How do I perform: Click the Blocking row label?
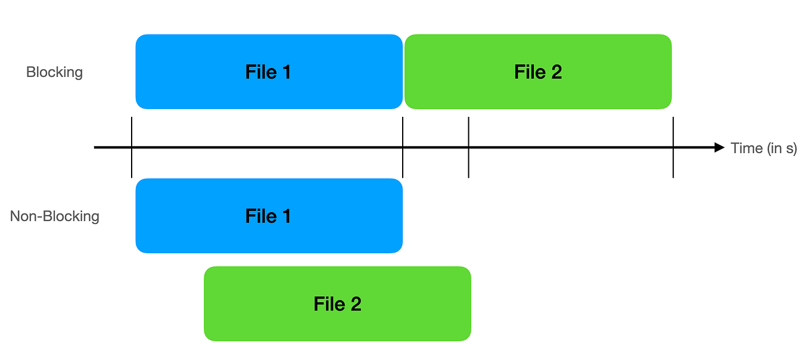[54, 72]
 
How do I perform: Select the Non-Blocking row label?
[54, 216]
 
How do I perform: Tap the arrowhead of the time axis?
[719, 147]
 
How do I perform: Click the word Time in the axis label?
[746, 148]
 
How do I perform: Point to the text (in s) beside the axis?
[782, 148]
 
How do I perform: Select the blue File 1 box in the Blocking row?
[269, 72]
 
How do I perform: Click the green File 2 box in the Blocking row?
[538, 72]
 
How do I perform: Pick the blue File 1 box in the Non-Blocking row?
[269, 216]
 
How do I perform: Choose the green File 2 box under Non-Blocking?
[337, 304]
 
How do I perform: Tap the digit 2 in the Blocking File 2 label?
[556, 72]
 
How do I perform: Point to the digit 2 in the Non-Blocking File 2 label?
[355, 304]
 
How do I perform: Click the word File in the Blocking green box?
[529, 72]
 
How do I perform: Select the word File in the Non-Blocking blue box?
[260, 216]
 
